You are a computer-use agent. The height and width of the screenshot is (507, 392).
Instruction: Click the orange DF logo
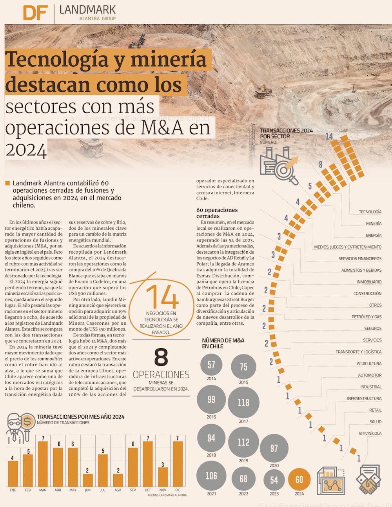point(36,13)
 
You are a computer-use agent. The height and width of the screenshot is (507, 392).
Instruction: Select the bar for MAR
point(43,463)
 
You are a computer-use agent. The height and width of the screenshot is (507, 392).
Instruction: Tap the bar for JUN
point(88,480)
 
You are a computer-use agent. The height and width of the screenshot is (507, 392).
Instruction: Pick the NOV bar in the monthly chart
point(163,476)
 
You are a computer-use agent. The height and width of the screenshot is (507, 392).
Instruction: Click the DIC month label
point(178,490)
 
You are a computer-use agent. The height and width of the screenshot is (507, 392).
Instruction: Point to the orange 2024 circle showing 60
point(299,480)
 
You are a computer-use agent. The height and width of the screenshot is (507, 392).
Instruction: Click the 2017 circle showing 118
point(243,403)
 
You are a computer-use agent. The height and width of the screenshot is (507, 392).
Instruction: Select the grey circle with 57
point(211,365)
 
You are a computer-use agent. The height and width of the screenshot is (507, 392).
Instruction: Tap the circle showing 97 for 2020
point(274,448)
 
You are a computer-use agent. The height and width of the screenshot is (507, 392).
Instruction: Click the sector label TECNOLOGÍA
point(370,212)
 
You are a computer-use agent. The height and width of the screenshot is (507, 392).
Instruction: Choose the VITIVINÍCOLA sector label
point(370,433)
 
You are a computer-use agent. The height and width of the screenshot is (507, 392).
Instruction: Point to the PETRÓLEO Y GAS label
point(366,317)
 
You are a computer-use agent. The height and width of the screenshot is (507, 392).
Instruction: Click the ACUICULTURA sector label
point(369,363)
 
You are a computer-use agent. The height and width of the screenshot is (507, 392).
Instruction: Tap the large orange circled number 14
point(162,297)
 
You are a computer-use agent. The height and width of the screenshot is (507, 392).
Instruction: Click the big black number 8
point(161,357)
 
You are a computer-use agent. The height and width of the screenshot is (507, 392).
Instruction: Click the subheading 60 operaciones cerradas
point(217,213)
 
